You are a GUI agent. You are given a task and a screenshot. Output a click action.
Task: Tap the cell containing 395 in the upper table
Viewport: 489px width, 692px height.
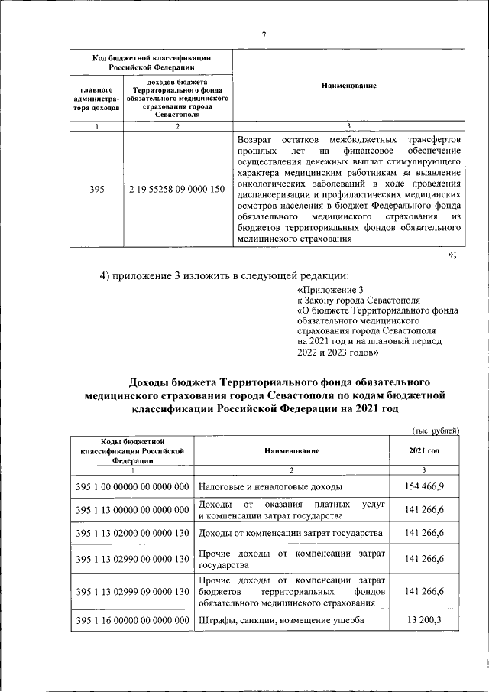click(97, 189)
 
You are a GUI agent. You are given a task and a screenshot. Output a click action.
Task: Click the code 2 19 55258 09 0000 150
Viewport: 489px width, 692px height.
click(176, 189)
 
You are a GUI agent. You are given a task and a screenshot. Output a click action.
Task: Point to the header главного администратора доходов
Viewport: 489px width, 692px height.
click(97, 99)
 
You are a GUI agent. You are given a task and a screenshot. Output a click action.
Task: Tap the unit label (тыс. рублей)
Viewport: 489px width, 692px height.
click(435, 430)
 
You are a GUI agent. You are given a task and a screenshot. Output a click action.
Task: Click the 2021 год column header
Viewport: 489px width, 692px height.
click(424, 451)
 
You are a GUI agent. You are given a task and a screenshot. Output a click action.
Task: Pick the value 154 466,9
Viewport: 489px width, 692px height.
click(424, 486)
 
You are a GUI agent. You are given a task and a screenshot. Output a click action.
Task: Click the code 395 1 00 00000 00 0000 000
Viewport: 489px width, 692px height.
click(132, 486)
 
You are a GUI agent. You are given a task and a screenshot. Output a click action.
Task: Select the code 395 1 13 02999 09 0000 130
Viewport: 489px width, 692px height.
click(132, 592)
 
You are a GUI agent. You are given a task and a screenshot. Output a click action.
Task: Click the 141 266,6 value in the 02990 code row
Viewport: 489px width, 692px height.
click(424, 560)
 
